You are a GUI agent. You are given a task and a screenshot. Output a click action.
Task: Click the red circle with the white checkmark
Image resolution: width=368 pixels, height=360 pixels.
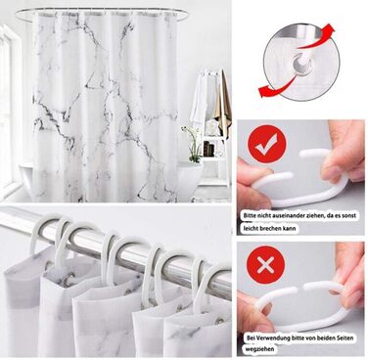click(x=267, y=144)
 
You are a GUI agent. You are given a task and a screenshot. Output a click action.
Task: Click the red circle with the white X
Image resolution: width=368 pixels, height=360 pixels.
click(x=265, y=266)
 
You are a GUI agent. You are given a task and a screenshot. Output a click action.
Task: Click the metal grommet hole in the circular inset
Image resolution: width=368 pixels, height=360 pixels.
click(x=300, y=62)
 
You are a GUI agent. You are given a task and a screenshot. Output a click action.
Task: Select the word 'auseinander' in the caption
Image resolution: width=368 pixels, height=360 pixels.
click(x=286, y=215)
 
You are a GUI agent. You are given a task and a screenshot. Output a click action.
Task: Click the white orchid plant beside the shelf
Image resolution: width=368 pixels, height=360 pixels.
click(x=192, y=144)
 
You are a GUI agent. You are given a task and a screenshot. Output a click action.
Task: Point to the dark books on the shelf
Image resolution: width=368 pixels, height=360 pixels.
click(x=208, y=149)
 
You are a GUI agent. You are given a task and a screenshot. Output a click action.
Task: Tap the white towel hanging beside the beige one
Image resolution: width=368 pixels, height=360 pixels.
click(x=200, y=100)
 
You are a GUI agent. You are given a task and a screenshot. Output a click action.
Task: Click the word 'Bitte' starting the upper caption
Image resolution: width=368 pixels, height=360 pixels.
click(x=251, y=215)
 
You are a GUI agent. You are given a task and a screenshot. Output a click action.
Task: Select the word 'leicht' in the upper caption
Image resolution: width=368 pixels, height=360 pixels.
click(x=251, y=228)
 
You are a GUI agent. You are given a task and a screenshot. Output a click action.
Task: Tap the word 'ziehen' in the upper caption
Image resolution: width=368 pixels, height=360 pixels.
click(x=311, y=215)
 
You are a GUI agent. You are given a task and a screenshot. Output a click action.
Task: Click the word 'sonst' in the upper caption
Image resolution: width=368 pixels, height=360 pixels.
click(x=348, y=215)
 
